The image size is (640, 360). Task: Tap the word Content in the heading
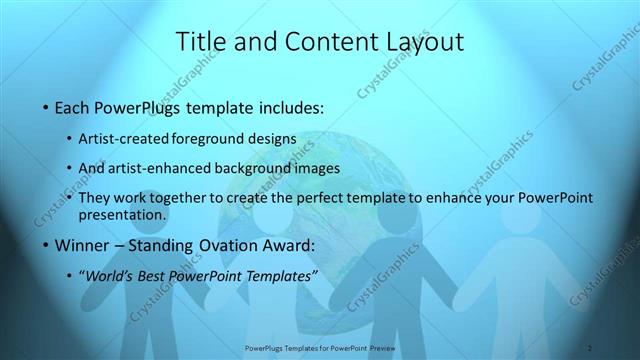point(319,41)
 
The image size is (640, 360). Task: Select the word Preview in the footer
point(377,349)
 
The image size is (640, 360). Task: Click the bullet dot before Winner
point(47,245)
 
